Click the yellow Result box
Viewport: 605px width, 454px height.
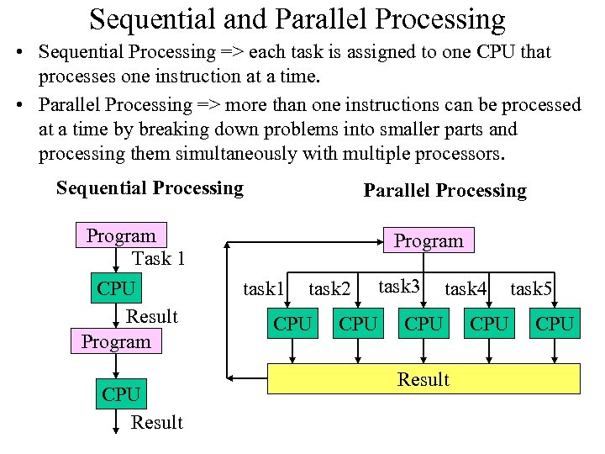point(423,379)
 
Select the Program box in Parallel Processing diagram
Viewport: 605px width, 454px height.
point(429,240)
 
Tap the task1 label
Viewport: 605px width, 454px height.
point(264,289)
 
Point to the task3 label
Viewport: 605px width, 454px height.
point(399,286)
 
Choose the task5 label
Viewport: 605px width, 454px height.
point(531,289)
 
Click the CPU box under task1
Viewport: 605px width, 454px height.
point(292,324)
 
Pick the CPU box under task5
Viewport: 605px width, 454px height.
point(555,324)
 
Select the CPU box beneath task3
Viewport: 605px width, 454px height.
point(423,324)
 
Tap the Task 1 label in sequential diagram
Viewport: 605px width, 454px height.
point(159,259)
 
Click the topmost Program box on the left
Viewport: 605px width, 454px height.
point(121,236)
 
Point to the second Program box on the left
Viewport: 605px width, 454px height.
point(116,341)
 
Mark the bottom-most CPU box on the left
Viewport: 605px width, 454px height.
point(121,393)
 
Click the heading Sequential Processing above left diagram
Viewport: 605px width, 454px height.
point(150,188)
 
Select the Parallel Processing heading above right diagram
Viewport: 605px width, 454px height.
point(445,191)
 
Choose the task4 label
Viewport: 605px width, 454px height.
point(466,289)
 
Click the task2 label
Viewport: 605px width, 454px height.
point(329,289)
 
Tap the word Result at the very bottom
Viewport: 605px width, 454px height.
point(156,422)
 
